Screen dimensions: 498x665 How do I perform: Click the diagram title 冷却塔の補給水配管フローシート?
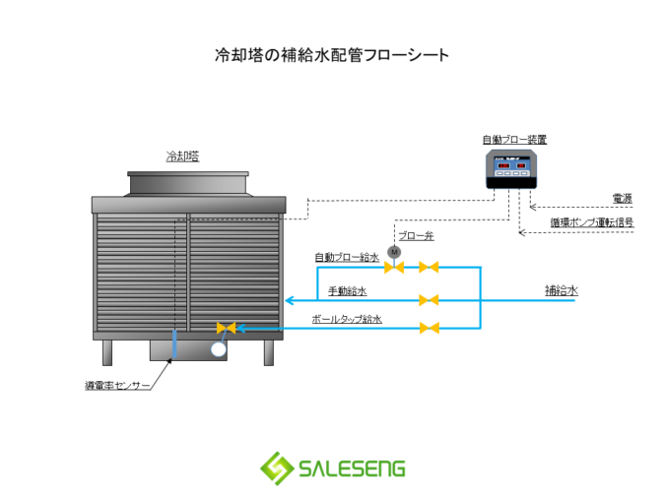click(332, 55)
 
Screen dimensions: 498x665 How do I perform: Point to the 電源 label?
click(622, 199)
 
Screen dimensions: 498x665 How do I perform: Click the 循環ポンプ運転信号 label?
click(591, 223)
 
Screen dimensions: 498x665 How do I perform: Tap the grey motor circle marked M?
click(394, 252)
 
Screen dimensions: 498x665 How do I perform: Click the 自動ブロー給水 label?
click(346, 258)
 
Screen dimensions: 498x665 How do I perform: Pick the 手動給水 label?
click(347, 291)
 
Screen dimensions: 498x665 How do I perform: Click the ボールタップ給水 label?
click(346, 319)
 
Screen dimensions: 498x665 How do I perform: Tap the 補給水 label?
click(561, 290)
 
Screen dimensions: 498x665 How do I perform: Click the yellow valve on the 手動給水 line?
click(428, 299)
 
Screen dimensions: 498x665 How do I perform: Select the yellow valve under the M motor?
click(394, 267)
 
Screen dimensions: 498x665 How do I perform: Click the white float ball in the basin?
click(218, 347)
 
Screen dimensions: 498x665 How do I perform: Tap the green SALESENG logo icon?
click(276, 467)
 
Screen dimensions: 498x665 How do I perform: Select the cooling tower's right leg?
click(268, 352)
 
